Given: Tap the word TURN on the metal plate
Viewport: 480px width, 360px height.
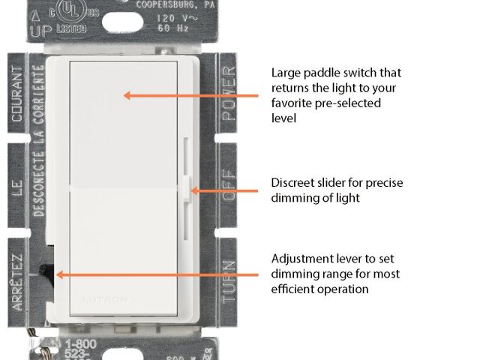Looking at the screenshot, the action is point(229,279).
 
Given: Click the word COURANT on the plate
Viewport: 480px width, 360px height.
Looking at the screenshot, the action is point(16,96).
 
